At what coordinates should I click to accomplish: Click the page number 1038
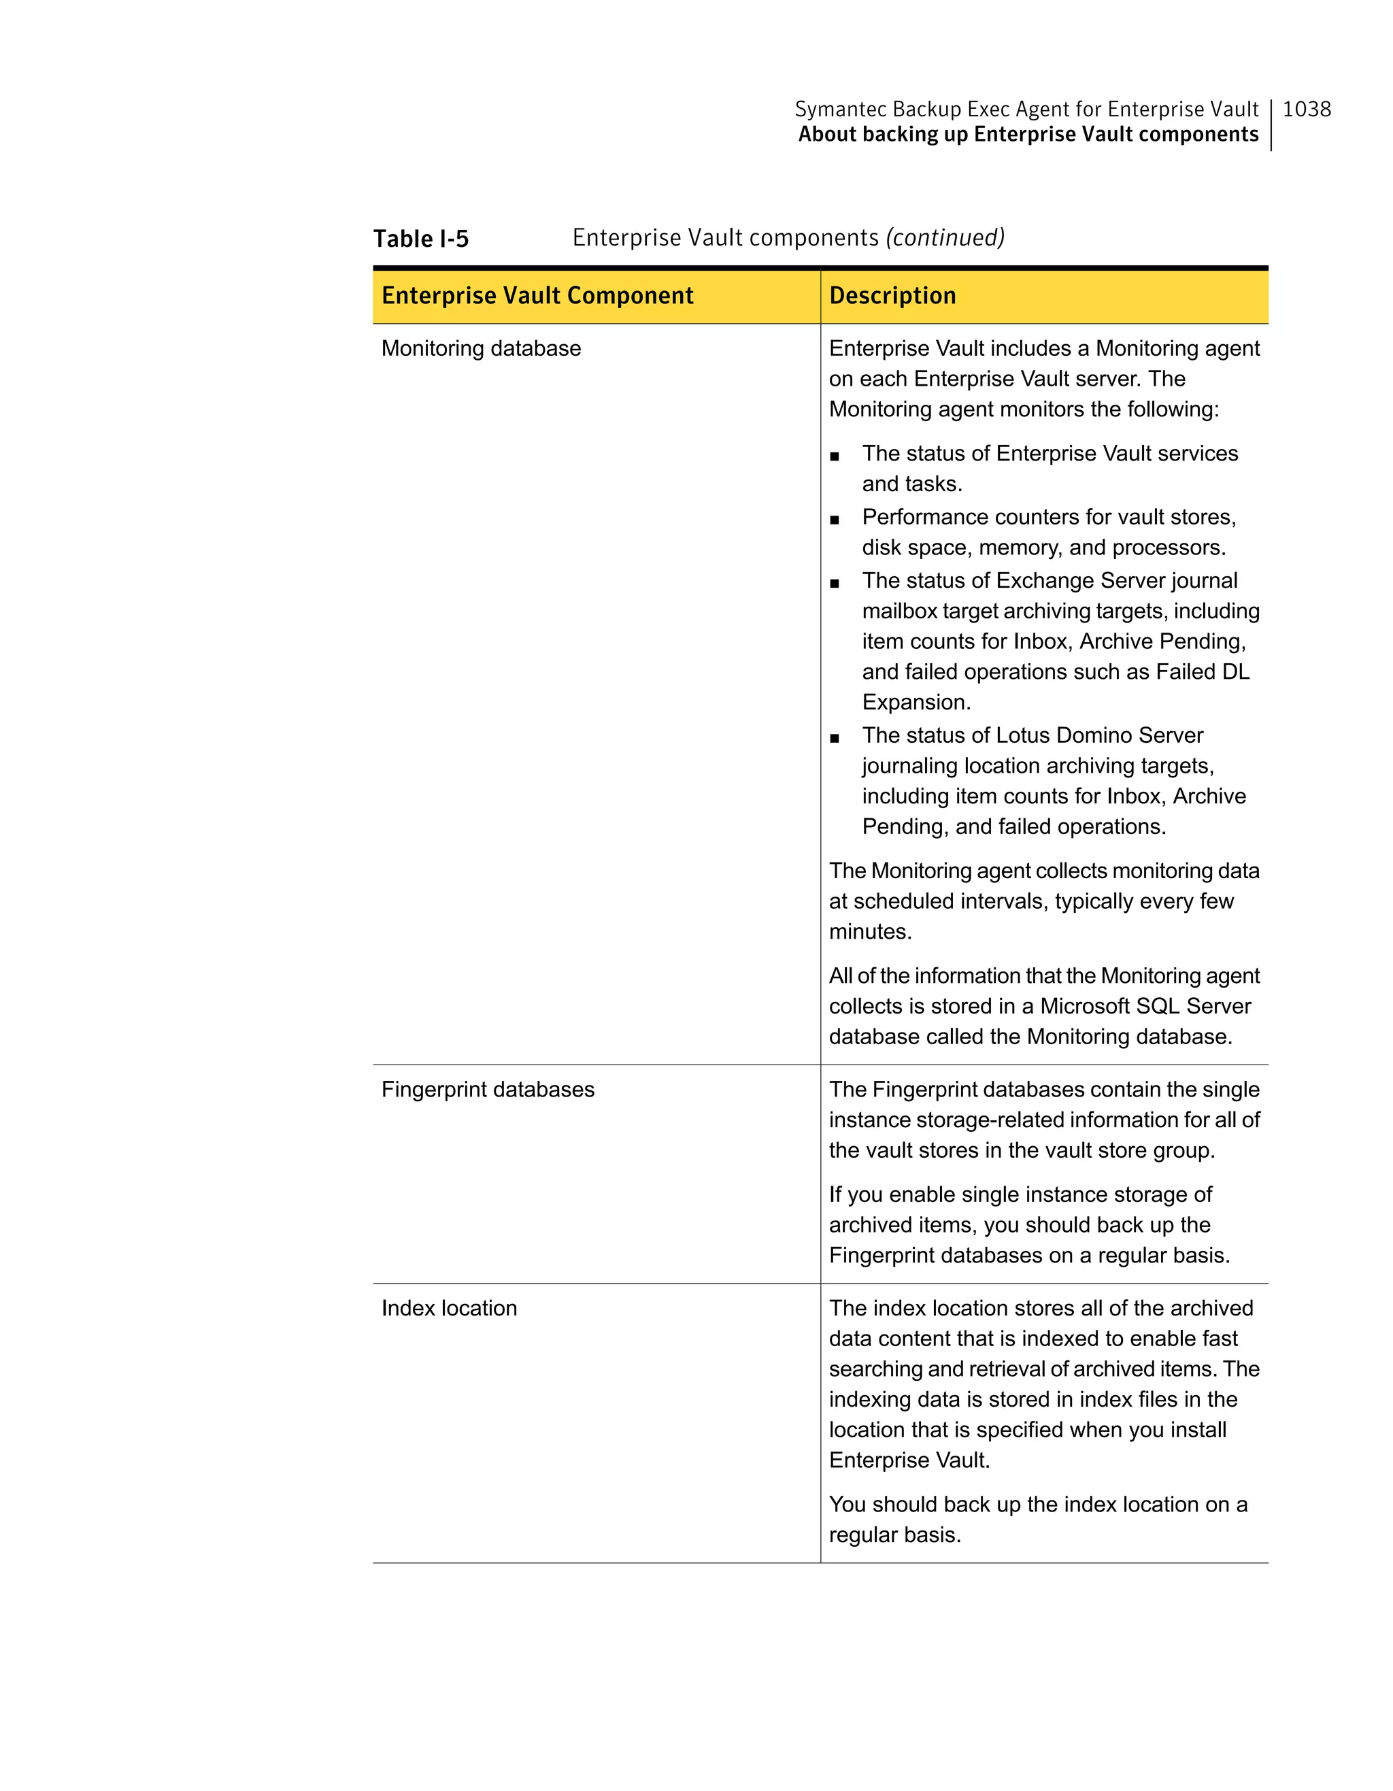1306,109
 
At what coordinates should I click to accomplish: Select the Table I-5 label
420,239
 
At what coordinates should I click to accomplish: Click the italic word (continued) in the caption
945,238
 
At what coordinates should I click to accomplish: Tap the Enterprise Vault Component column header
537,295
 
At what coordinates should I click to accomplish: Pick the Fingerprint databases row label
488,1090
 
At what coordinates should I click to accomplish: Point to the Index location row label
450,1308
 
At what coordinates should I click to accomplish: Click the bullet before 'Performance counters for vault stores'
835,519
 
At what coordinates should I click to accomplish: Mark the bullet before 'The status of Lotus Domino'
835,738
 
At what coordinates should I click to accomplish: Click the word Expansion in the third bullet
916,703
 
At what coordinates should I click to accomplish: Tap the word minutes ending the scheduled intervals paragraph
869,933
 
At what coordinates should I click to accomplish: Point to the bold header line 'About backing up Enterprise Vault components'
1028,135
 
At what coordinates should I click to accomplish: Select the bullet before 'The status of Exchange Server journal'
835,584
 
